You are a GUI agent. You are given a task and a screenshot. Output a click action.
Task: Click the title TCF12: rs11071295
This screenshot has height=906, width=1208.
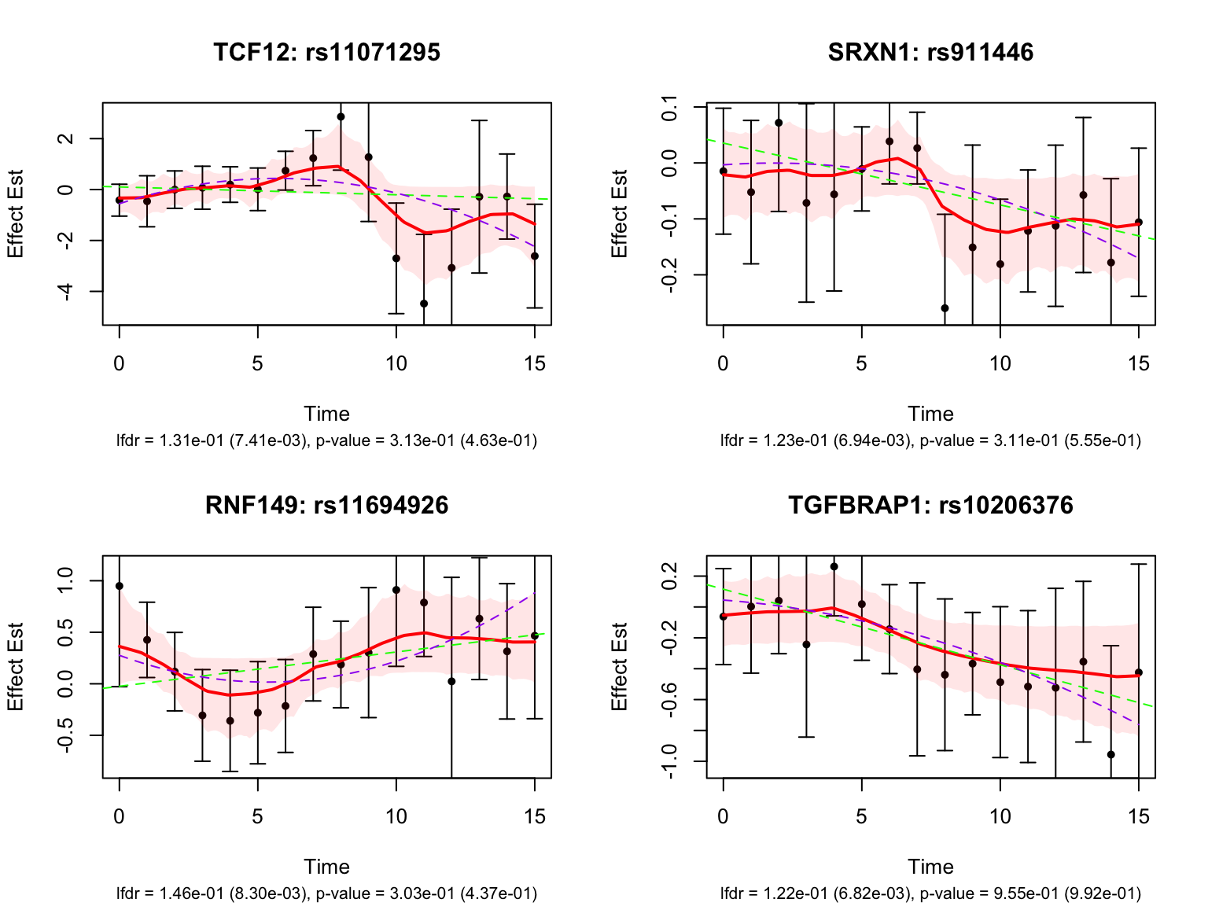[326, 53]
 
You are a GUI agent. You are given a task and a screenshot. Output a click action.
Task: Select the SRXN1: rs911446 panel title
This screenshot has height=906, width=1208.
[930, 53]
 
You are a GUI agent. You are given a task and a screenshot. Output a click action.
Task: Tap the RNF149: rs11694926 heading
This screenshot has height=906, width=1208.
[326, 505]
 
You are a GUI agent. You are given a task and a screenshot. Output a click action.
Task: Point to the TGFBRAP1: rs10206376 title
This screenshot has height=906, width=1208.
[930, 505]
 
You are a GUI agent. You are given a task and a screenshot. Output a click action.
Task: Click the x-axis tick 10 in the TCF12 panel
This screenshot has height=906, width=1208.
[396, 364]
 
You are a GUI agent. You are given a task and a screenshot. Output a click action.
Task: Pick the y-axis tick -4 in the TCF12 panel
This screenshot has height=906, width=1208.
[66, 292]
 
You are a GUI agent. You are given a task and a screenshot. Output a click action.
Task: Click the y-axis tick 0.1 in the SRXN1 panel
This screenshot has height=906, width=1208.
[670, 106]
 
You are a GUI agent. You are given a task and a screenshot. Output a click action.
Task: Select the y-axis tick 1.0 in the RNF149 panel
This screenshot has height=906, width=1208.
[66, 581]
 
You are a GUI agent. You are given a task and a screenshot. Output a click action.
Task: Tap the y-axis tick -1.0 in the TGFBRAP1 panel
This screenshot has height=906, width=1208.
[670, 761]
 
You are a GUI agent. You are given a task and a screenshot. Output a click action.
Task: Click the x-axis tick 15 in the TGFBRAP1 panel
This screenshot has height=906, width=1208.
[1139, 817]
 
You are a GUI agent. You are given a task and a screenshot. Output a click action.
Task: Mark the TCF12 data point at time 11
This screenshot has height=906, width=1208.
[424, 304]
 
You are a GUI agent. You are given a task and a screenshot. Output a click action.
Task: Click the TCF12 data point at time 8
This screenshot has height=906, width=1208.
[341, 116]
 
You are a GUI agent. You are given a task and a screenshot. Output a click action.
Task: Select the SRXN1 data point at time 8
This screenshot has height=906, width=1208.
[945, 308]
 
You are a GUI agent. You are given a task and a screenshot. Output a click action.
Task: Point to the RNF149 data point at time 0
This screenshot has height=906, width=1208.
[120, 586]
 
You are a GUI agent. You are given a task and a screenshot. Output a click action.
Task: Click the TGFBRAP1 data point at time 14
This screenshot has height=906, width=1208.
[1111, 755]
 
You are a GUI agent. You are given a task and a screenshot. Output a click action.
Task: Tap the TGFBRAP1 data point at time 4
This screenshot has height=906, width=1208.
[834, 566]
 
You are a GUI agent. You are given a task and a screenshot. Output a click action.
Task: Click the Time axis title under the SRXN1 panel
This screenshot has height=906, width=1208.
[930, 414]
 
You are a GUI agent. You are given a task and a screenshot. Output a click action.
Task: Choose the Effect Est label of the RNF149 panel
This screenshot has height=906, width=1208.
[16, 667]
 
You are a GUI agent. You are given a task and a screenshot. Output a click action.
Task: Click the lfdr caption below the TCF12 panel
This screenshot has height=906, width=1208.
[212, 440]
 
